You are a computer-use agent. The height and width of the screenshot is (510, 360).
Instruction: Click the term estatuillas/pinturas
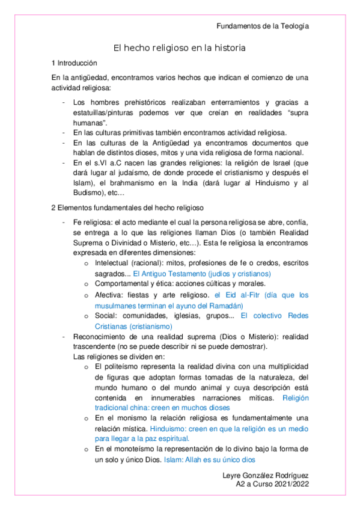pyautogui.click(x=110, y=112)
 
